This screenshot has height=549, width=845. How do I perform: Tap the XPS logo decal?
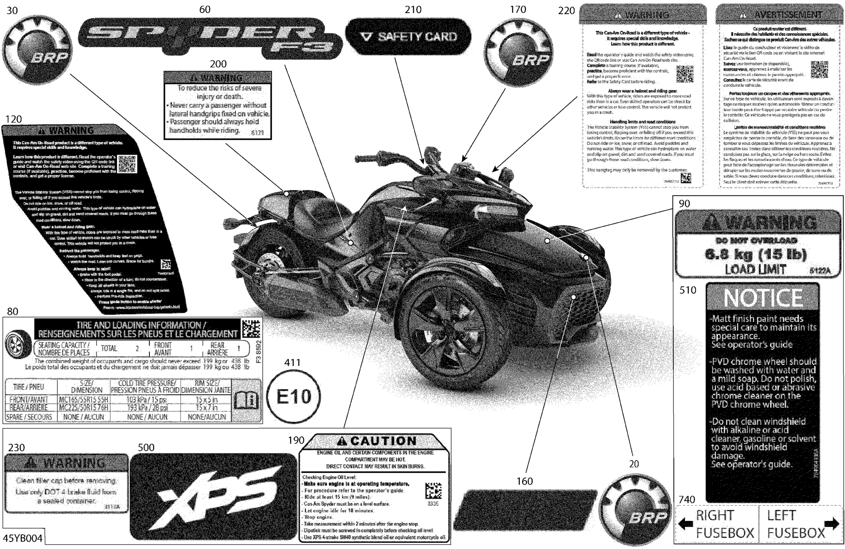(213, 496)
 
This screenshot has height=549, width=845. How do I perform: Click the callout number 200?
(218, 64)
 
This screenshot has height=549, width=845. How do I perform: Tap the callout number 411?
(293, 363)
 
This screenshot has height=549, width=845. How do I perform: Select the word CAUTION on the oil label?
(383, 441)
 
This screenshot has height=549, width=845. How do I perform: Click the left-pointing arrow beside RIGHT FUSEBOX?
(685, 523)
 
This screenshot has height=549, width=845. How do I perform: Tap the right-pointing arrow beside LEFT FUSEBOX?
(831, 523)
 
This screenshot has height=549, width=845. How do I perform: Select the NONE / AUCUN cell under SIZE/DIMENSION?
(83, 417)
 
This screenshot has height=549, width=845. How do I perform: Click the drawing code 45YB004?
(22, 538)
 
